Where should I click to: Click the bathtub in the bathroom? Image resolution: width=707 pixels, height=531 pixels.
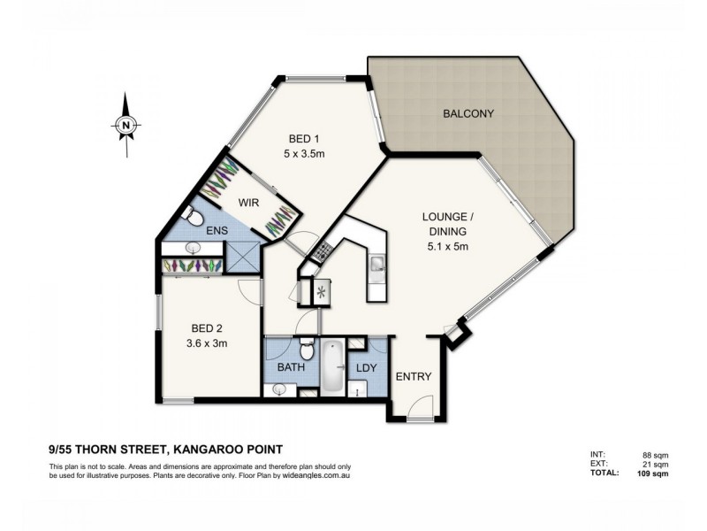pos(332,365)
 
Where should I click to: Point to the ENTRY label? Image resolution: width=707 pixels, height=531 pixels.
pos(413,376)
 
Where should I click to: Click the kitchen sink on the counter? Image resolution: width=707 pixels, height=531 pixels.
pos(376,264)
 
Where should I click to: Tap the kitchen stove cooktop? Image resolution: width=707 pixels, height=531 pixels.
pos(320,254)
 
